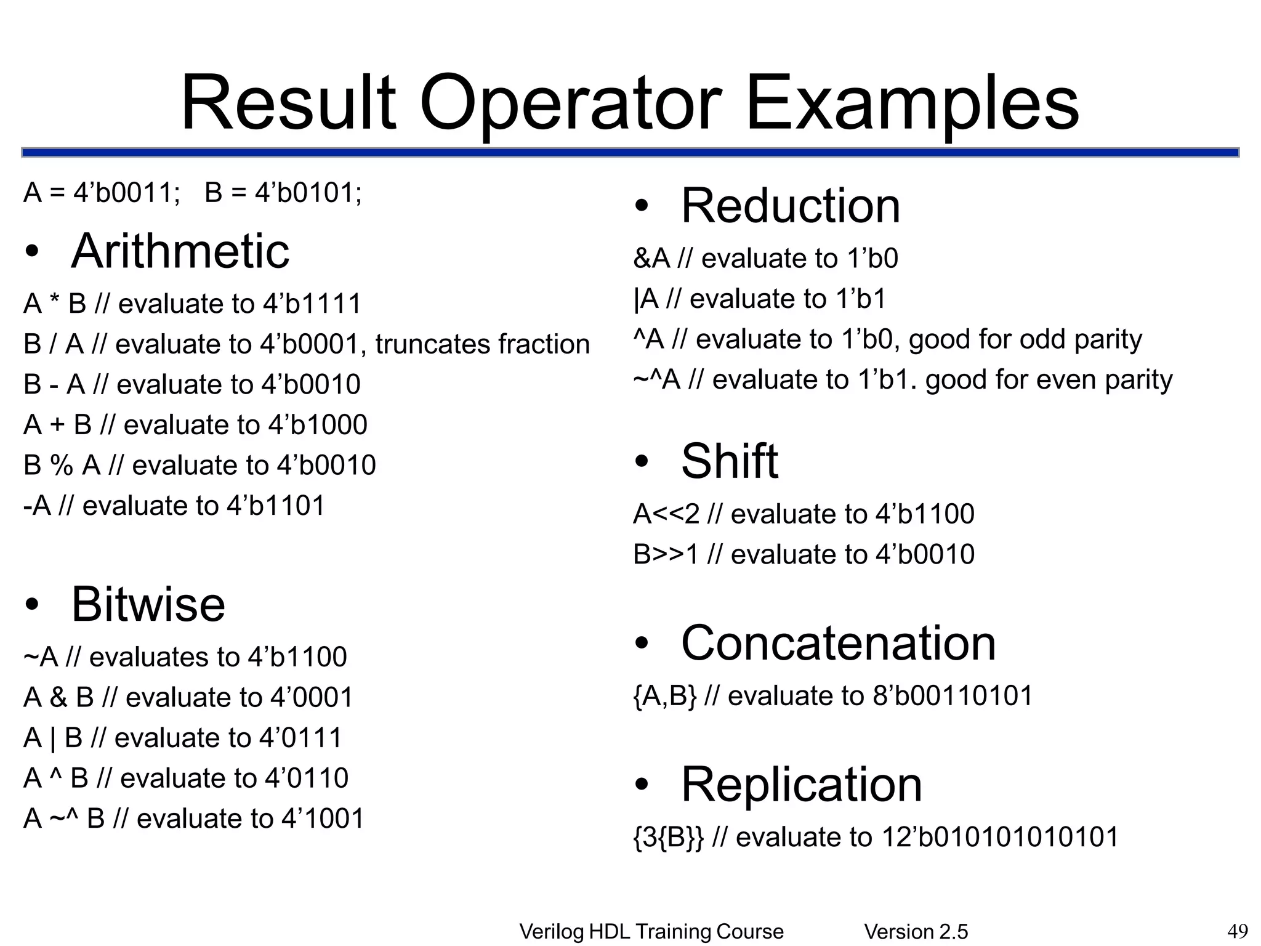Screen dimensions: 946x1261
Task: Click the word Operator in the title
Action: coord(570,103)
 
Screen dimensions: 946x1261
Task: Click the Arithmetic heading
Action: coord(180,251)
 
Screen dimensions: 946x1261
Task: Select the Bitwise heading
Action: coord(148,604)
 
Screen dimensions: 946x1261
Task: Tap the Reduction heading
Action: coord(790,206)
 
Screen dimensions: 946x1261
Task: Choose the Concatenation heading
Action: coord(838,643)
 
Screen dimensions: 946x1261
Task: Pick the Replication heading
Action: coord(801,785)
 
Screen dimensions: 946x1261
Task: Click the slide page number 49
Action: coord(1238,931)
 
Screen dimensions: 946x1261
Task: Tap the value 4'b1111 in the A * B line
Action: coord(312,304)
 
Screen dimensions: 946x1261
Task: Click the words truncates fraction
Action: coord(483,344)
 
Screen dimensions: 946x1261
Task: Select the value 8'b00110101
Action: coord(952,696)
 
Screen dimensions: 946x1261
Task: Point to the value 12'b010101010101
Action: coord(1000,838)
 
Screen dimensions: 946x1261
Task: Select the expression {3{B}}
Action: coord(668,838)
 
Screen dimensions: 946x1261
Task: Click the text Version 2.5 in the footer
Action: coord(916,932)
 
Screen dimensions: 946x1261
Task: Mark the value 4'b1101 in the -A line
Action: coord(275,506)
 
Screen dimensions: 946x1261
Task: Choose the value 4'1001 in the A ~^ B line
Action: coord(323,819)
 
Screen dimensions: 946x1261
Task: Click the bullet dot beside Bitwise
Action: coord(32,605)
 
